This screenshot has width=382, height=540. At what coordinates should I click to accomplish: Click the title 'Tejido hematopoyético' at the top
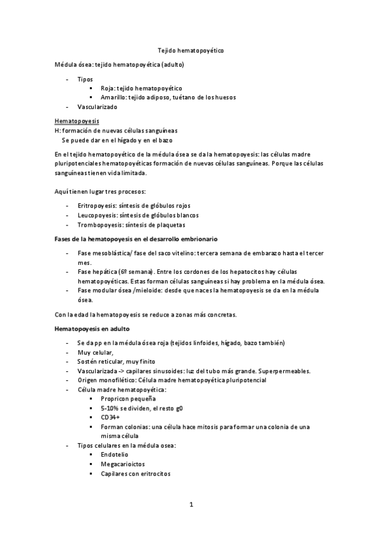tap(190, 50)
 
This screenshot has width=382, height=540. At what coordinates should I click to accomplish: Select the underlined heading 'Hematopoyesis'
tap(77, 121)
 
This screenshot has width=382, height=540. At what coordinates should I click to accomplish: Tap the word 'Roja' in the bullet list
tap(107, 89)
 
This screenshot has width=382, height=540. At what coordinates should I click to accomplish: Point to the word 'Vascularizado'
tap(97, 107)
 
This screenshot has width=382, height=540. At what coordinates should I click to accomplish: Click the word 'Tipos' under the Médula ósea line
tap(85, 79)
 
